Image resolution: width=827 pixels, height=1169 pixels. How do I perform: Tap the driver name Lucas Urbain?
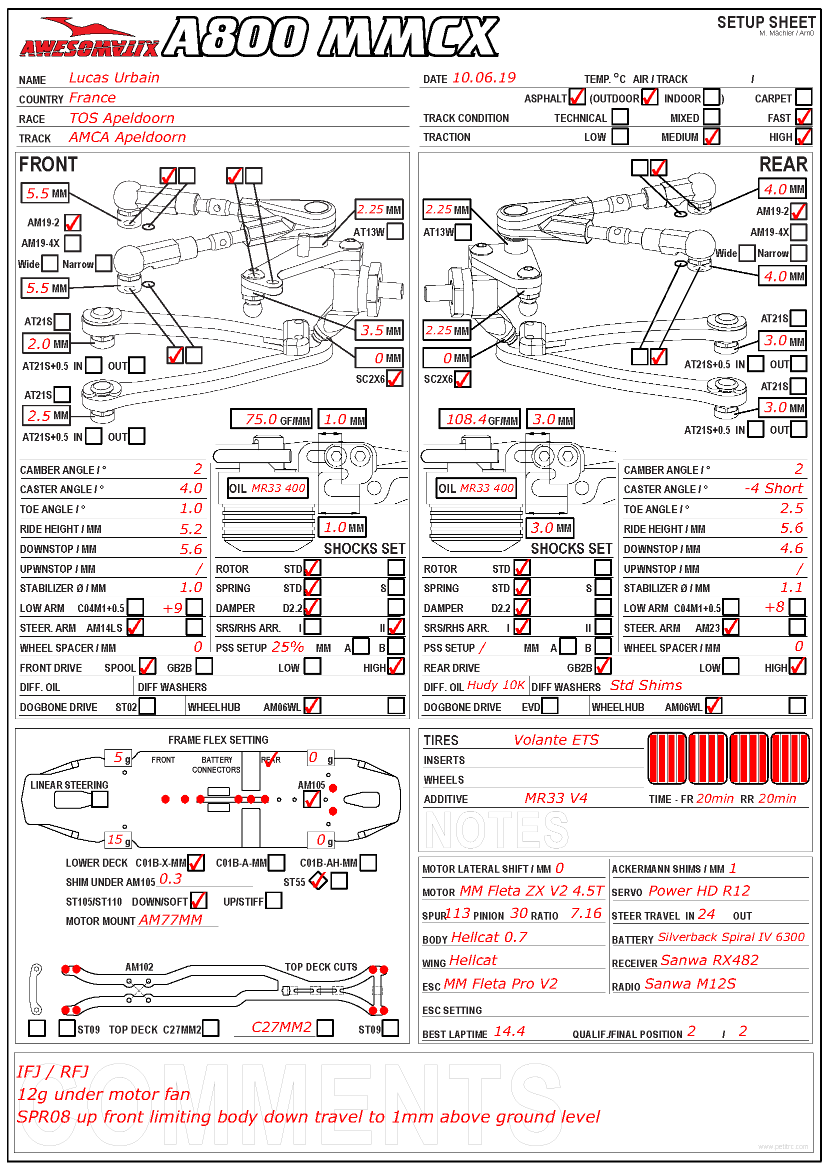click(114, 77)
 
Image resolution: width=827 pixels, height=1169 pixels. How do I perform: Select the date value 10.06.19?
click(484, 77)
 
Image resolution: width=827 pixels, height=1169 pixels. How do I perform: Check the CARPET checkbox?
click(803, 97)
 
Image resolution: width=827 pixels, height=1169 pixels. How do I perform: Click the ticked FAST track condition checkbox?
click(803, 116)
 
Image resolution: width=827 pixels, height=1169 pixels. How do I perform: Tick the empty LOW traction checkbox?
click(619, 136)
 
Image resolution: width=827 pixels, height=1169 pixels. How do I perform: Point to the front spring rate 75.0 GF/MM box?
click(271, 419)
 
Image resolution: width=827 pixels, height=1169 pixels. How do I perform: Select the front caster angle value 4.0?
click(191, 488)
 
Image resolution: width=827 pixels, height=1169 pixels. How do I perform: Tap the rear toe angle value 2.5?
click(791, 508)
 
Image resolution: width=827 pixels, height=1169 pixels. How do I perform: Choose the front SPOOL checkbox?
click(147, 666)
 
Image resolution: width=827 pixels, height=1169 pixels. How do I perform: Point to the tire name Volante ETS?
click(556, 739)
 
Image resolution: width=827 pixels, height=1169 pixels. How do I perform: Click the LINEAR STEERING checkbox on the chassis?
click(100, 799)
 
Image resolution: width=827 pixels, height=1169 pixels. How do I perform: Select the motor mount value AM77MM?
click(170, 920)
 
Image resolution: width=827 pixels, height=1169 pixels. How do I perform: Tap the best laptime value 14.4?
click(509, 1032)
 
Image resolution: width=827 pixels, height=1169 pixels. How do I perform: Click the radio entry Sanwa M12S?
click(690, 984)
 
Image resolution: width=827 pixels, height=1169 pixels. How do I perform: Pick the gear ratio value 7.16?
click(586, 914)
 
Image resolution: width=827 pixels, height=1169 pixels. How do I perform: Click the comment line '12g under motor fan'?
click(103, 1094)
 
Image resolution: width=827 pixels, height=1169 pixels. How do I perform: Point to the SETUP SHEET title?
click(766, 22)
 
